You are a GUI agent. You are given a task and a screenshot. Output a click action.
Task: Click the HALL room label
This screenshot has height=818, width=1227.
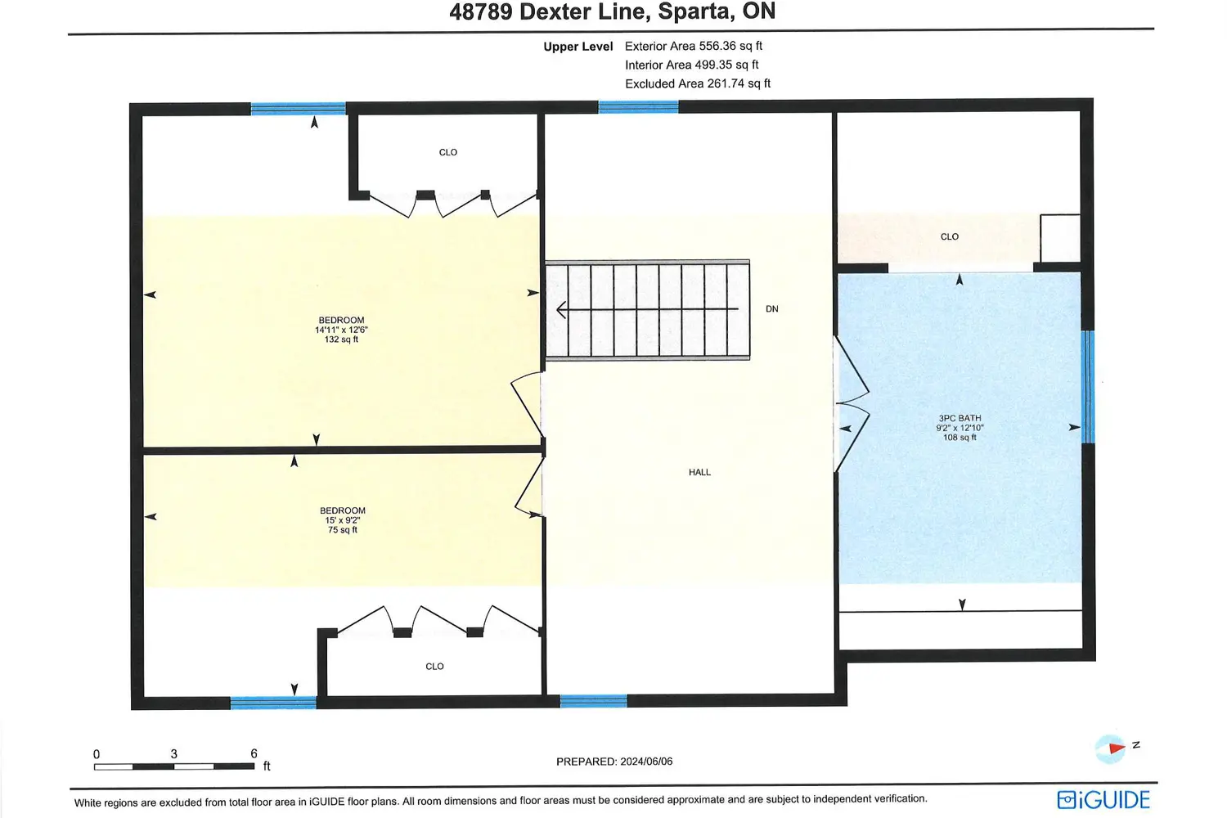[x=699, y=472]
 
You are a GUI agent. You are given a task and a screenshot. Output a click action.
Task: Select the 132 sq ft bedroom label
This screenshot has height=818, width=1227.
[x=341, y=330]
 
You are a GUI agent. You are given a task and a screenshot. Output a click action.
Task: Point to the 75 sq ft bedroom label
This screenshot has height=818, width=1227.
[x=343, y=520]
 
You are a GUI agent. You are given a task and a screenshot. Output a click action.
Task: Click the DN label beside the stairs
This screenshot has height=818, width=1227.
[x=772, y=309]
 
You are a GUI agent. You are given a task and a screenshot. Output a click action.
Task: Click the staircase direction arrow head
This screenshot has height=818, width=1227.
[x=561, y=310]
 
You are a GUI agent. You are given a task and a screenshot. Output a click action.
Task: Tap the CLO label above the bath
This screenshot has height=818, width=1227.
[x=949, y=236]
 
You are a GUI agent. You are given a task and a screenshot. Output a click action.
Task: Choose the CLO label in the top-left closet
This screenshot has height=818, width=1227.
[x=448, y=152]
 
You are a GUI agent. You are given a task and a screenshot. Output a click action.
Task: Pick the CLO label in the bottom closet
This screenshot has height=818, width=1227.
[x=434, y=666]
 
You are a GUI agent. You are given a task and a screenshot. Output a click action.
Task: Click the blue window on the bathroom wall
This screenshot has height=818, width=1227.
[x=1089, y=387]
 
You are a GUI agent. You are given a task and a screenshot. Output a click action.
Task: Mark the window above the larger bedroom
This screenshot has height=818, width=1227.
[x=298, y=109]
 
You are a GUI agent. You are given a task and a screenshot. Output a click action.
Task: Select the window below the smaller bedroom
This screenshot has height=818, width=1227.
[x=273, y=703]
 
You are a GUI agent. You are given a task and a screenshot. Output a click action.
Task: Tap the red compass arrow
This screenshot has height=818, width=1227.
[x=1116, y=748]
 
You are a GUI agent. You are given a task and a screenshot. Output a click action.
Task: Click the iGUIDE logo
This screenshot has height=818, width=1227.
[x=1103, y=800]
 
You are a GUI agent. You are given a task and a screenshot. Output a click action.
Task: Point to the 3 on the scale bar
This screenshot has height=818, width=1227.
[x=173, y=754]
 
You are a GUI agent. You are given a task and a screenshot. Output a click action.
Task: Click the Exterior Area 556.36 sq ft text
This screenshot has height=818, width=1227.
[x=694, y=46]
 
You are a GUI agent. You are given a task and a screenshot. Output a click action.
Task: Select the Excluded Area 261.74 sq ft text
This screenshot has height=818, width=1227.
[x=697, y=83]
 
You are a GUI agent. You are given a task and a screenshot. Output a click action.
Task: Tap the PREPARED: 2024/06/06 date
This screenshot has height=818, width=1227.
[x=614, y=762]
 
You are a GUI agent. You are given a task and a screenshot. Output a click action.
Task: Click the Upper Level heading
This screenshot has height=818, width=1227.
[x=578, y=47]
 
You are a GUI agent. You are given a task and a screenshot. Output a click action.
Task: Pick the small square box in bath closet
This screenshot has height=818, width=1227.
[x=1060, y=238]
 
